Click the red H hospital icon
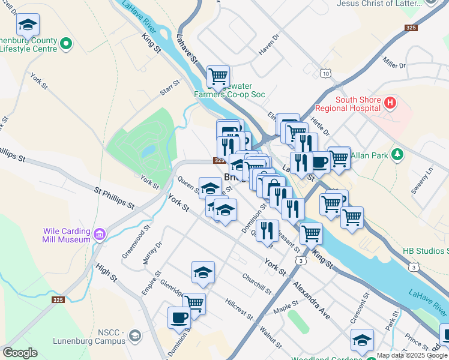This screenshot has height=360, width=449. pyautogui.click(x=390, y=103)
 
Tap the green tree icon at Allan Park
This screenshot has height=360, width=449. pyautogui.click(x=396, y=155)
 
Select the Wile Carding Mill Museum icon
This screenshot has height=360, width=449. pyautogui.click(x=100, y=232)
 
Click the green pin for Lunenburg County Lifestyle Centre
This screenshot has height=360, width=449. pyautogui.click(x=66, y=43)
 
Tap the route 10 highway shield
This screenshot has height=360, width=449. pyautogui.click(x=325, y=73)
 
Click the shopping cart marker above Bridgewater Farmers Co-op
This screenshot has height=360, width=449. pyautogui.click(x=218, y=76)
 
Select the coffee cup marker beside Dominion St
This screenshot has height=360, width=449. pyautogui.click(x=179, y=317)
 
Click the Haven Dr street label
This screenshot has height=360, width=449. pyautogui.click(x=270, y=46)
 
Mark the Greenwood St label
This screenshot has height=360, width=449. pyautogui.click(x=139, y=238)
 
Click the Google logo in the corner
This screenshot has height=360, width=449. pyautogui.click(x=20, y=353)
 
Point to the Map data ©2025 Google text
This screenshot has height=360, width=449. pyautogui.click(x=412, y=355)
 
